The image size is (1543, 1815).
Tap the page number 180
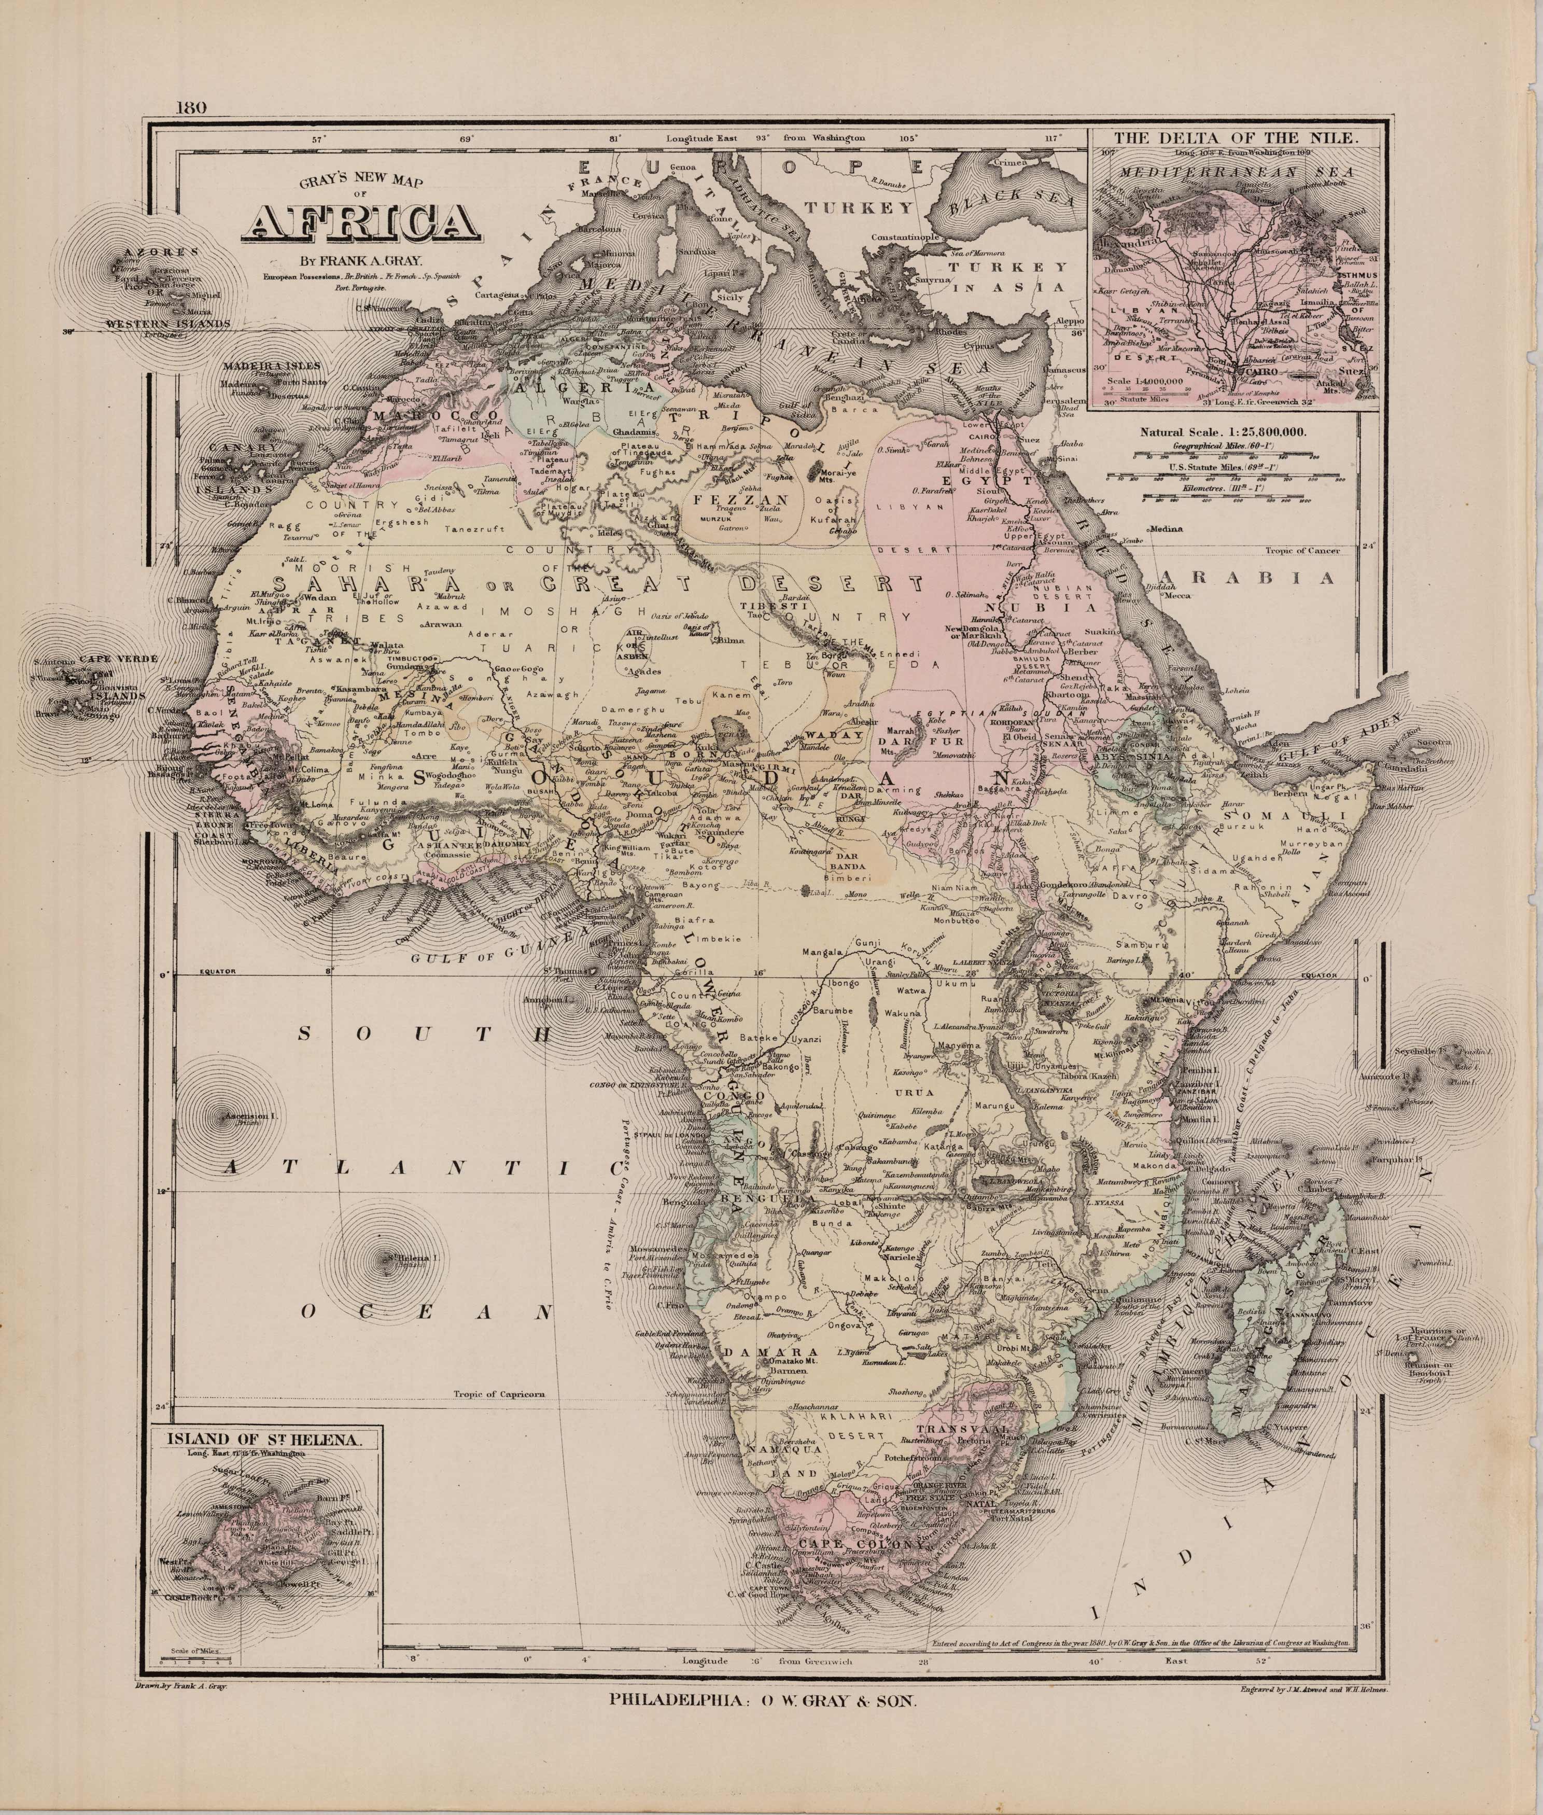(190, 108)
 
